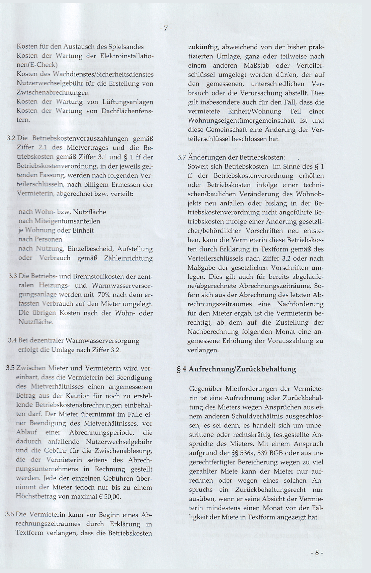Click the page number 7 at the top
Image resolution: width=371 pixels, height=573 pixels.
click(x=166, y=29)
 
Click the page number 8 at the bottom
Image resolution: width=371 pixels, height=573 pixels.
click(x=317, y=553)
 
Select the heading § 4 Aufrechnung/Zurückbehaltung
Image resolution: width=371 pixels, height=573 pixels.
click(x=236, y=369)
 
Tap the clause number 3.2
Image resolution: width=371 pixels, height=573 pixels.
click(x=11, y=139)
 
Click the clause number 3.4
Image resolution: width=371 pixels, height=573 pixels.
click(x=12, y=340)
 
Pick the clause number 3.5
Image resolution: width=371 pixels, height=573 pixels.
click(x=11, y=368)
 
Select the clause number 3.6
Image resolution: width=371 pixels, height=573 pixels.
click(x=10, y=515)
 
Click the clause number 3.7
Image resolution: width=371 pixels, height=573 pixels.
click(x=182, y=157)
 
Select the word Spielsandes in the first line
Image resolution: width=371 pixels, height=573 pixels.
click(x=126, y=47)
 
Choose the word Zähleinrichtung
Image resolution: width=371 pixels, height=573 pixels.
click(x=130, y=258)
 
